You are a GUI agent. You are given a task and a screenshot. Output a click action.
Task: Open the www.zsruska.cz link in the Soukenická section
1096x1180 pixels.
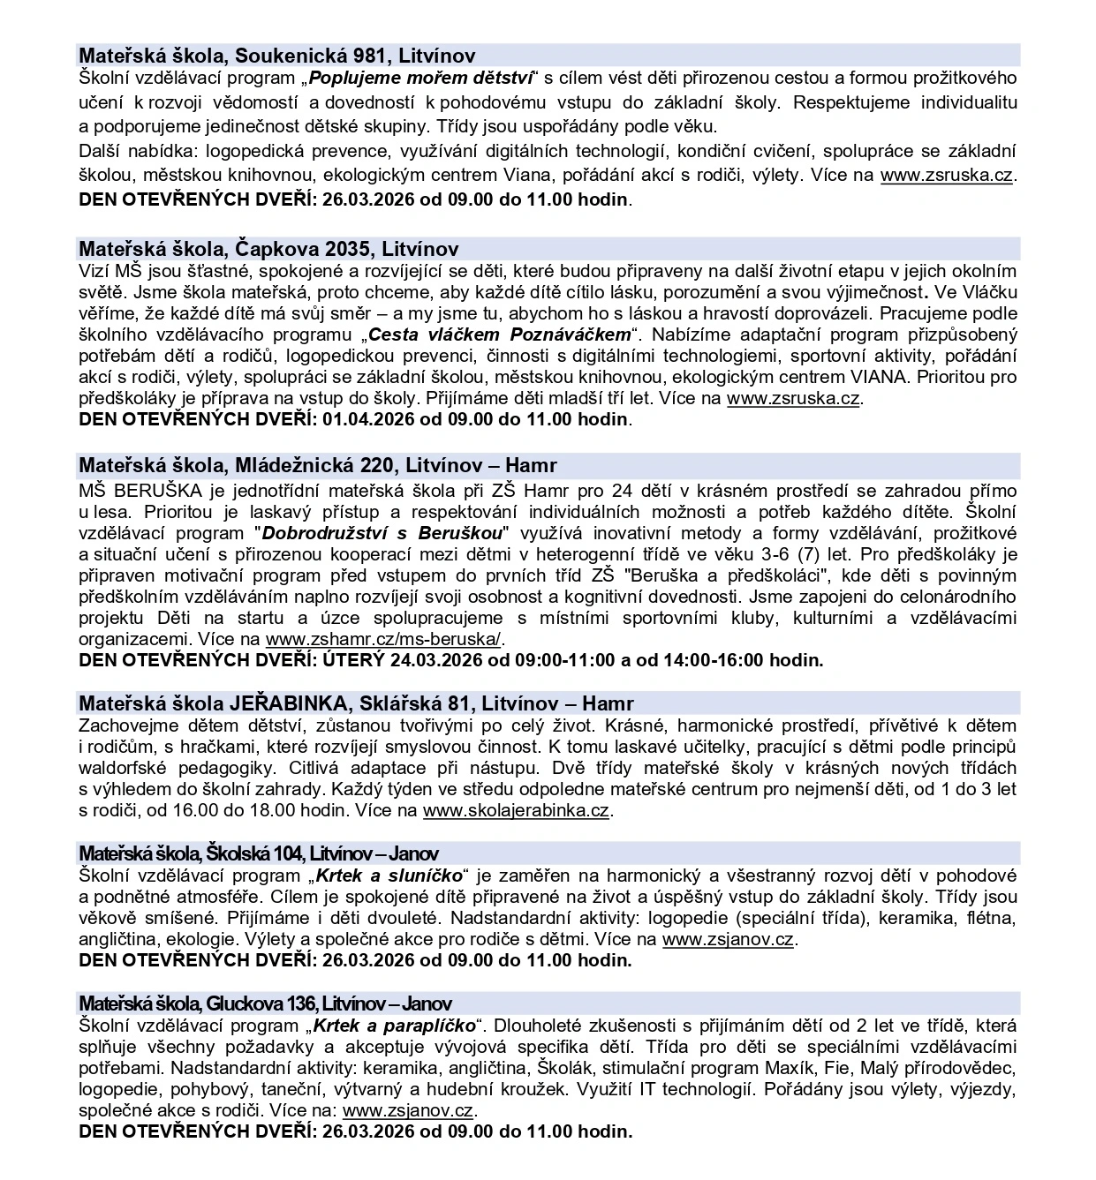[947, 175]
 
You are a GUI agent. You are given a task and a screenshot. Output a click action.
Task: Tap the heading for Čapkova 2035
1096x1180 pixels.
[268, 249]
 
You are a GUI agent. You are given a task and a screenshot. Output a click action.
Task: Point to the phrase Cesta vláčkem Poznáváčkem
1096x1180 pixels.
[501, 334]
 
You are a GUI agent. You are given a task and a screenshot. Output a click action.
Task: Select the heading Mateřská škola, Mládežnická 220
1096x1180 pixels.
[318, 465]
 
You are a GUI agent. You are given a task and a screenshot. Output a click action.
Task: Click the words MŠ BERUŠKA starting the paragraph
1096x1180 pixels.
[131, 491]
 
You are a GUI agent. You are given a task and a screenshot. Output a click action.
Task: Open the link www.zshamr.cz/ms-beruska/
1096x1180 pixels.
[383, 639]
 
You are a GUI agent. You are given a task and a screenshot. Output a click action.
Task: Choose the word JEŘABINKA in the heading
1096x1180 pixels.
[287, 704]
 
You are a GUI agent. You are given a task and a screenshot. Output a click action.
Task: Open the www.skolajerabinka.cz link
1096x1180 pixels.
[516, 810]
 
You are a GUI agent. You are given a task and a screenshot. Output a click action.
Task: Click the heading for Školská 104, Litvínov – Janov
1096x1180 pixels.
[258, 853]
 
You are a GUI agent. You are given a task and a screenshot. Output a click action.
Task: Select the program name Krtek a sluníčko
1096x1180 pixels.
[389, 876]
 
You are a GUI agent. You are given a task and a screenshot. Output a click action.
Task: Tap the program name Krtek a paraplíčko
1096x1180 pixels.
[396, 1026]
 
